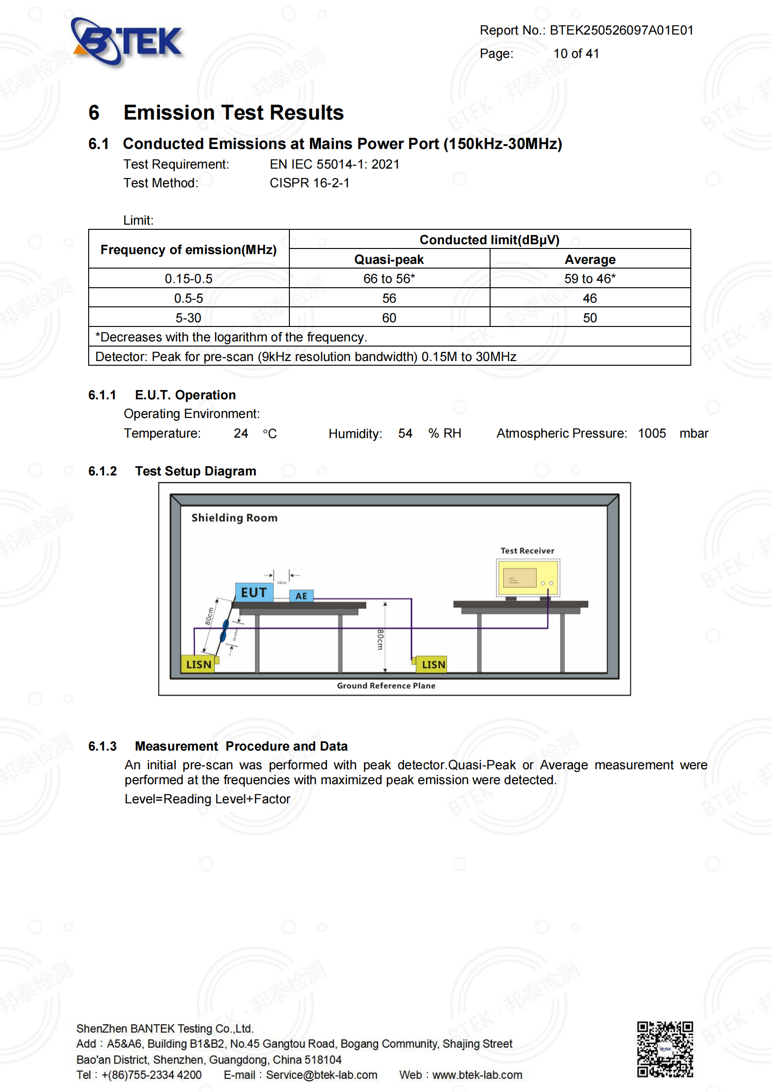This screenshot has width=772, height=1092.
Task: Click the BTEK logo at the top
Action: [x=127, y=42]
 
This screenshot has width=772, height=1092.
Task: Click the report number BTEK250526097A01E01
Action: [x=621, y=30]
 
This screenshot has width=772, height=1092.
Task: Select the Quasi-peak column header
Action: [x=389, y=260]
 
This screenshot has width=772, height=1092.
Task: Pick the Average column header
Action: [x=590, y=260]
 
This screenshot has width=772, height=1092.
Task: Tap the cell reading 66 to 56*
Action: [x=389, y=279]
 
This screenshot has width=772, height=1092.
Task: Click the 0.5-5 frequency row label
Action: [x=188, y=298]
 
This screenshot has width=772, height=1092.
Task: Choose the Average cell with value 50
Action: [x=590, y=318]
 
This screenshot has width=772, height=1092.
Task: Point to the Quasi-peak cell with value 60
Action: [x=389, y=318]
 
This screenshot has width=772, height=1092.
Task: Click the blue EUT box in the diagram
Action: [x=254, y=593]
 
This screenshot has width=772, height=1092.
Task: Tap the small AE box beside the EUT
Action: [x=302, y=596]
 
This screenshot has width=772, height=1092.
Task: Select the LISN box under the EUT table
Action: [x=198, y=665]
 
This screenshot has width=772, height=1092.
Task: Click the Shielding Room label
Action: [x=234, y=518]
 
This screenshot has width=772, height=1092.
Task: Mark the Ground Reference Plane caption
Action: [x=386, y=686]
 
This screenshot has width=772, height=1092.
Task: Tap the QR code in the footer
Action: [x=665, y=1049]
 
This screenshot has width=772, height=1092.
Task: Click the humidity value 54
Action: [x=405, y=434]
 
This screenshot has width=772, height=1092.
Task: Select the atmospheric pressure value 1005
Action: [x=652, y=434]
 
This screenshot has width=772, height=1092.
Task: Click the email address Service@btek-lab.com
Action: [x=321, y=1075]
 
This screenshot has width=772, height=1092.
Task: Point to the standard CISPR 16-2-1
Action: [x=309, y=183]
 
